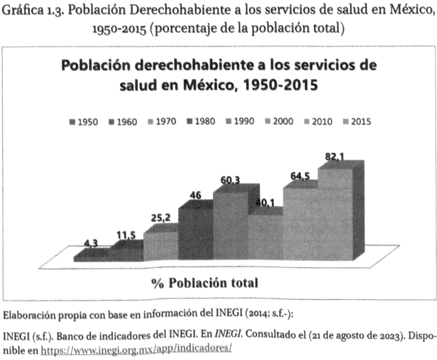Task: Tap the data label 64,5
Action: coord(300,176)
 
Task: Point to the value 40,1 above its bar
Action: coord(265,202)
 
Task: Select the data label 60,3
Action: coord(230,181)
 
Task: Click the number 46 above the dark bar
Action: coord(195,195)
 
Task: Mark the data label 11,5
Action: coord(126,235)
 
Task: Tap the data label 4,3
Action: coord(91,243)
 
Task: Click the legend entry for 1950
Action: coord(84,122)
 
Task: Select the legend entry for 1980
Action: coord(201,121)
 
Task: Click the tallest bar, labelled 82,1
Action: coord(335,214)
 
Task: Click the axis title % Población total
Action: coord(204,283)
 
